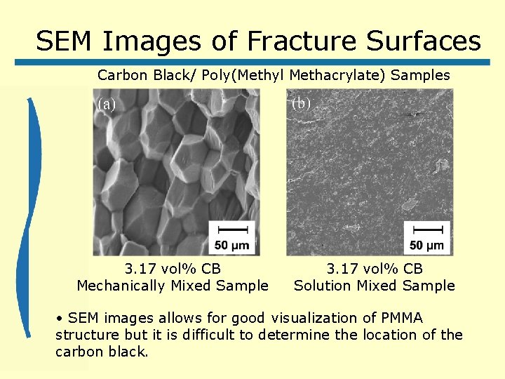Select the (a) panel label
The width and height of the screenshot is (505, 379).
tap(107, 105)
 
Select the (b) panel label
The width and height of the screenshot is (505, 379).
tap(300, 103)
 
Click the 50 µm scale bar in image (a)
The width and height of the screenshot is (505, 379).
tap(232, 237)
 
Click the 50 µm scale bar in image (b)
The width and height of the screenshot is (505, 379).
tap(426, 237)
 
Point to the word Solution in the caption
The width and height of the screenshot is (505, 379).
tap(322, 285)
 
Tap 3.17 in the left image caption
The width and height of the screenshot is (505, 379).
tap(140, 268)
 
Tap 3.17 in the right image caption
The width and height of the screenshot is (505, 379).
tap(342, 268)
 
